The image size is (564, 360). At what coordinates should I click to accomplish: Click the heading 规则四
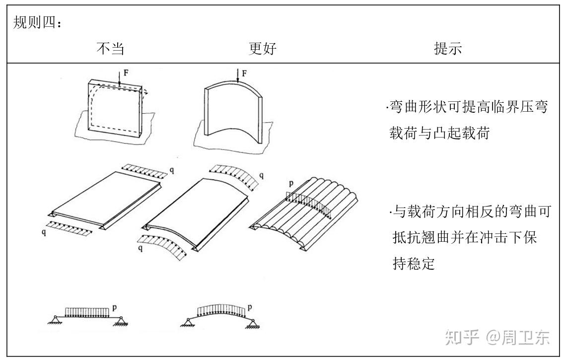(x=34, y=23)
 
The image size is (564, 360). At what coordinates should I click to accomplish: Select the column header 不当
(x=110, y=49)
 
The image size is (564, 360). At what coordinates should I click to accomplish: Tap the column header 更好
(x=263, y=49)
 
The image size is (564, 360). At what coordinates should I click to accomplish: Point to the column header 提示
(x=448, y=49)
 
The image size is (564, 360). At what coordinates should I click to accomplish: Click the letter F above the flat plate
(x=126, y=73)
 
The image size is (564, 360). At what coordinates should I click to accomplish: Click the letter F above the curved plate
(x=245, y=73)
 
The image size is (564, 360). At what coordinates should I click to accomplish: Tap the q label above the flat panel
(x=172, y=170)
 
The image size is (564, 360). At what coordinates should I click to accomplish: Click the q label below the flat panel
(x=44, y=232)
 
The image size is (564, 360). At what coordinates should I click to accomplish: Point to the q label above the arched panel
(x=262, y=175)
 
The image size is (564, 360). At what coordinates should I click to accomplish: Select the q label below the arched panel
(x=141, y=248)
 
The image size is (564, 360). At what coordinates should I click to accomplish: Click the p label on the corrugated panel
(x=291, y=183)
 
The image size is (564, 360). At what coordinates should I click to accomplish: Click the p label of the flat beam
(x=114, y=307)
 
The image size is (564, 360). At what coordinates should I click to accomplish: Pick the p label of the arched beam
(x=250, y=307)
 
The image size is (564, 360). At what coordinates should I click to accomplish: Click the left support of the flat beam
(x=55, y=320)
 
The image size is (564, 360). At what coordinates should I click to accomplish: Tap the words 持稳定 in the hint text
(x=414, y=264)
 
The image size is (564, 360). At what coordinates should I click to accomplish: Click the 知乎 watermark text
(x=462, y=337)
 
